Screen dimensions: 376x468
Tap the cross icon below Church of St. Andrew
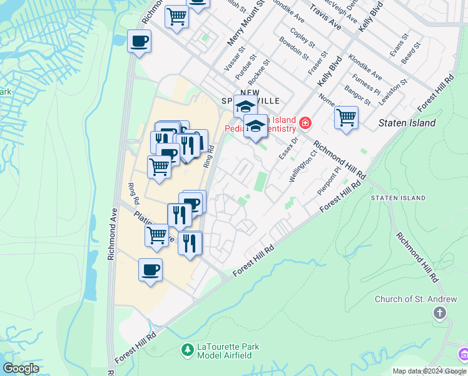440,312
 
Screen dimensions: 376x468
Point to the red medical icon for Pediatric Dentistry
305,123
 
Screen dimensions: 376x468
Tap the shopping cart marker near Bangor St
346,117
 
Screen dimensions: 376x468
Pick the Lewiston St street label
395,90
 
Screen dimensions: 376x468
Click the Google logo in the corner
21,368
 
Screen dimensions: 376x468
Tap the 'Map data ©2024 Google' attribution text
429,371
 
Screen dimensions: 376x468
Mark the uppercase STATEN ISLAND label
398,198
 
